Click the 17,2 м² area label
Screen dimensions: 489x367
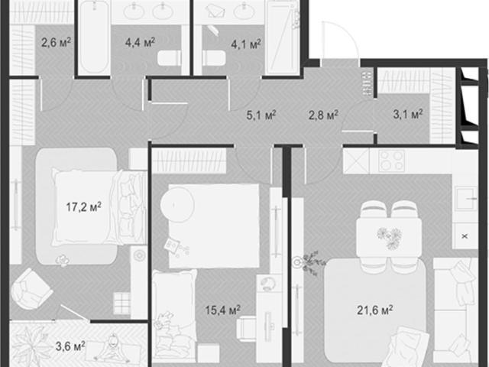[83, 206]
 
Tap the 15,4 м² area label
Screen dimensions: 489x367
[222, 310]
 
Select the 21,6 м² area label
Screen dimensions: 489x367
[374, 310]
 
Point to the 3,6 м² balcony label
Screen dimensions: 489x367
[70, 346]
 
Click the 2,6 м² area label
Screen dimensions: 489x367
[56, 42]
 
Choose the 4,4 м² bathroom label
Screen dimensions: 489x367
[140, 42]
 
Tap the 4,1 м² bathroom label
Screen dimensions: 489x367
[246, 44]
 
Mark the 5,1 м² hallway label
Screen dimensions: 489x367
[261, 115]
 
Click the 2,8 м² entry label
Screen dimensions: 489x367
[323, 115]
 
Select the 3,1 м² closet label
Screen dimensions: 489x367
[408, 114]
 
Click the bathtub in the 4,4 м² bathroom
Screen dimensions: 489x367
[94, 37]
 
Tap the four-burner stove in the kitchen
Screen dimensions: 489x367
[391, 161]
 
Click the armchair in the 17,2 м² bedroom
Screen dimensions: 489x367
[31, 289]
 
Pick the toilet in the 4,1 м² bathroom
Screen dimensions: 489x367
[214, 58]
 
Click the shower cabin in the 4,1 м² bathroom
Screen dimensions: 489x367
[283, 37]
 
